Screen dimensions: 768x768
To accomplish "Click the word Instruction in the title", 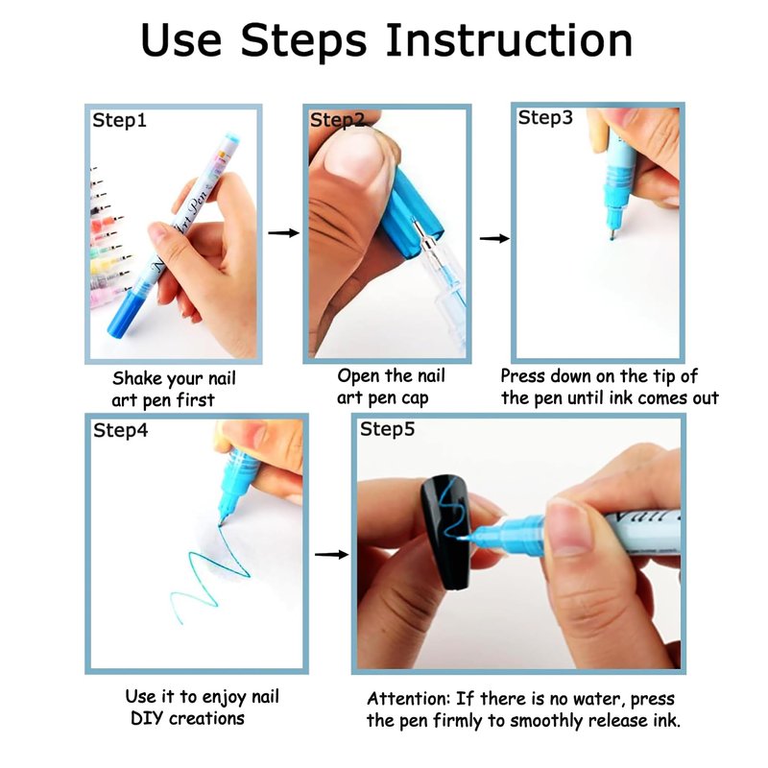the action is pos(509,40).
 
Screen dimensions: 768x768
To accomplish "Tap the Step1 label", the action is pos(119,121).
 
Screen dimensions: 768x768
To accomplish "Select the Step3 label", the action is pos(545,118).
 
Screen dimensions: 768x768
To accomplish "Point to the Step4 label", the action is pos(121,431).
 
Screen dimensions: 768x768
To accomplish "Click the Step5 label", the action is pos(387,429).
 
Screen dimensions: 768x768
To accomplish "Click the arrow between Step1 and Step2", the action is pos(283,232).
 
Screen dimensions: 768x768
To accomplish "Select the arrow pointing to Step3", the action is pos(494,238).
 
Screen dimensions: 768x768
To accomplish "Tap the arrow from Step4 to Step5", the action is pos(331,555).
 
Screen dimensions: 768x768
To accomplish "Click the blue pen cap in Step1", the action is pos(125,311).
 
